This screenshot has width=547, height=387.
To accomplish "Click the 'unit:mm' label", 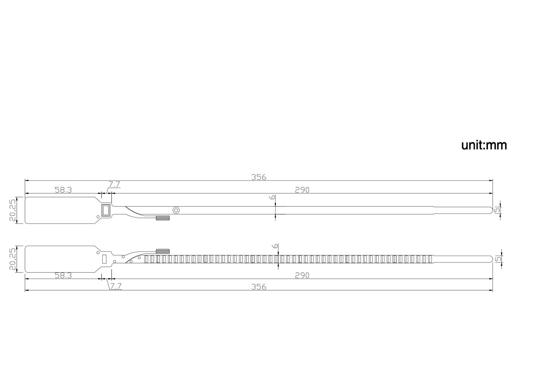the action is (484, 145).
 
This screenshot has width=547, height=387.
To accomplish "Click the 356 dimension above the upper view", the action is (259, 177).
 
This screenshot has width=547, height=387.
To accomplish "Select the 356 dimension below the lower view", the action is (259, 287).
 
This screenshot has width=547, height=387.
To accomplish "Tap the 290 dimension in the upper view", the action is (302, 190).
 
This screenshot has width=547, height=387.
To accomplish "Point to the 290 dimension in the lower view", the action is (302, 275).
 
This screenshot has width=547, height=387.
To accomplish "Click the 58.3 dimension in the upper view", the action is (63, 190).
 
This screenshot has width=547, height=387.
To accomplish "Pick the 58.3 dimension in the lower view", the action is (63, 275).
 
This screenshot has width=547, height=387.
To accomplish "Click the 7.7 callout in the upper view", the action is (115, 184).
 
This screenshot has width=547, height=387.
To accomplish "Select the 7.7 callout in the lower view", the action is (116, 286).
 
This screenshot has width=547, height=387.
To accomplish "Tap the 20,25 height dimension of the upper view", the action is (13, 210).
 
